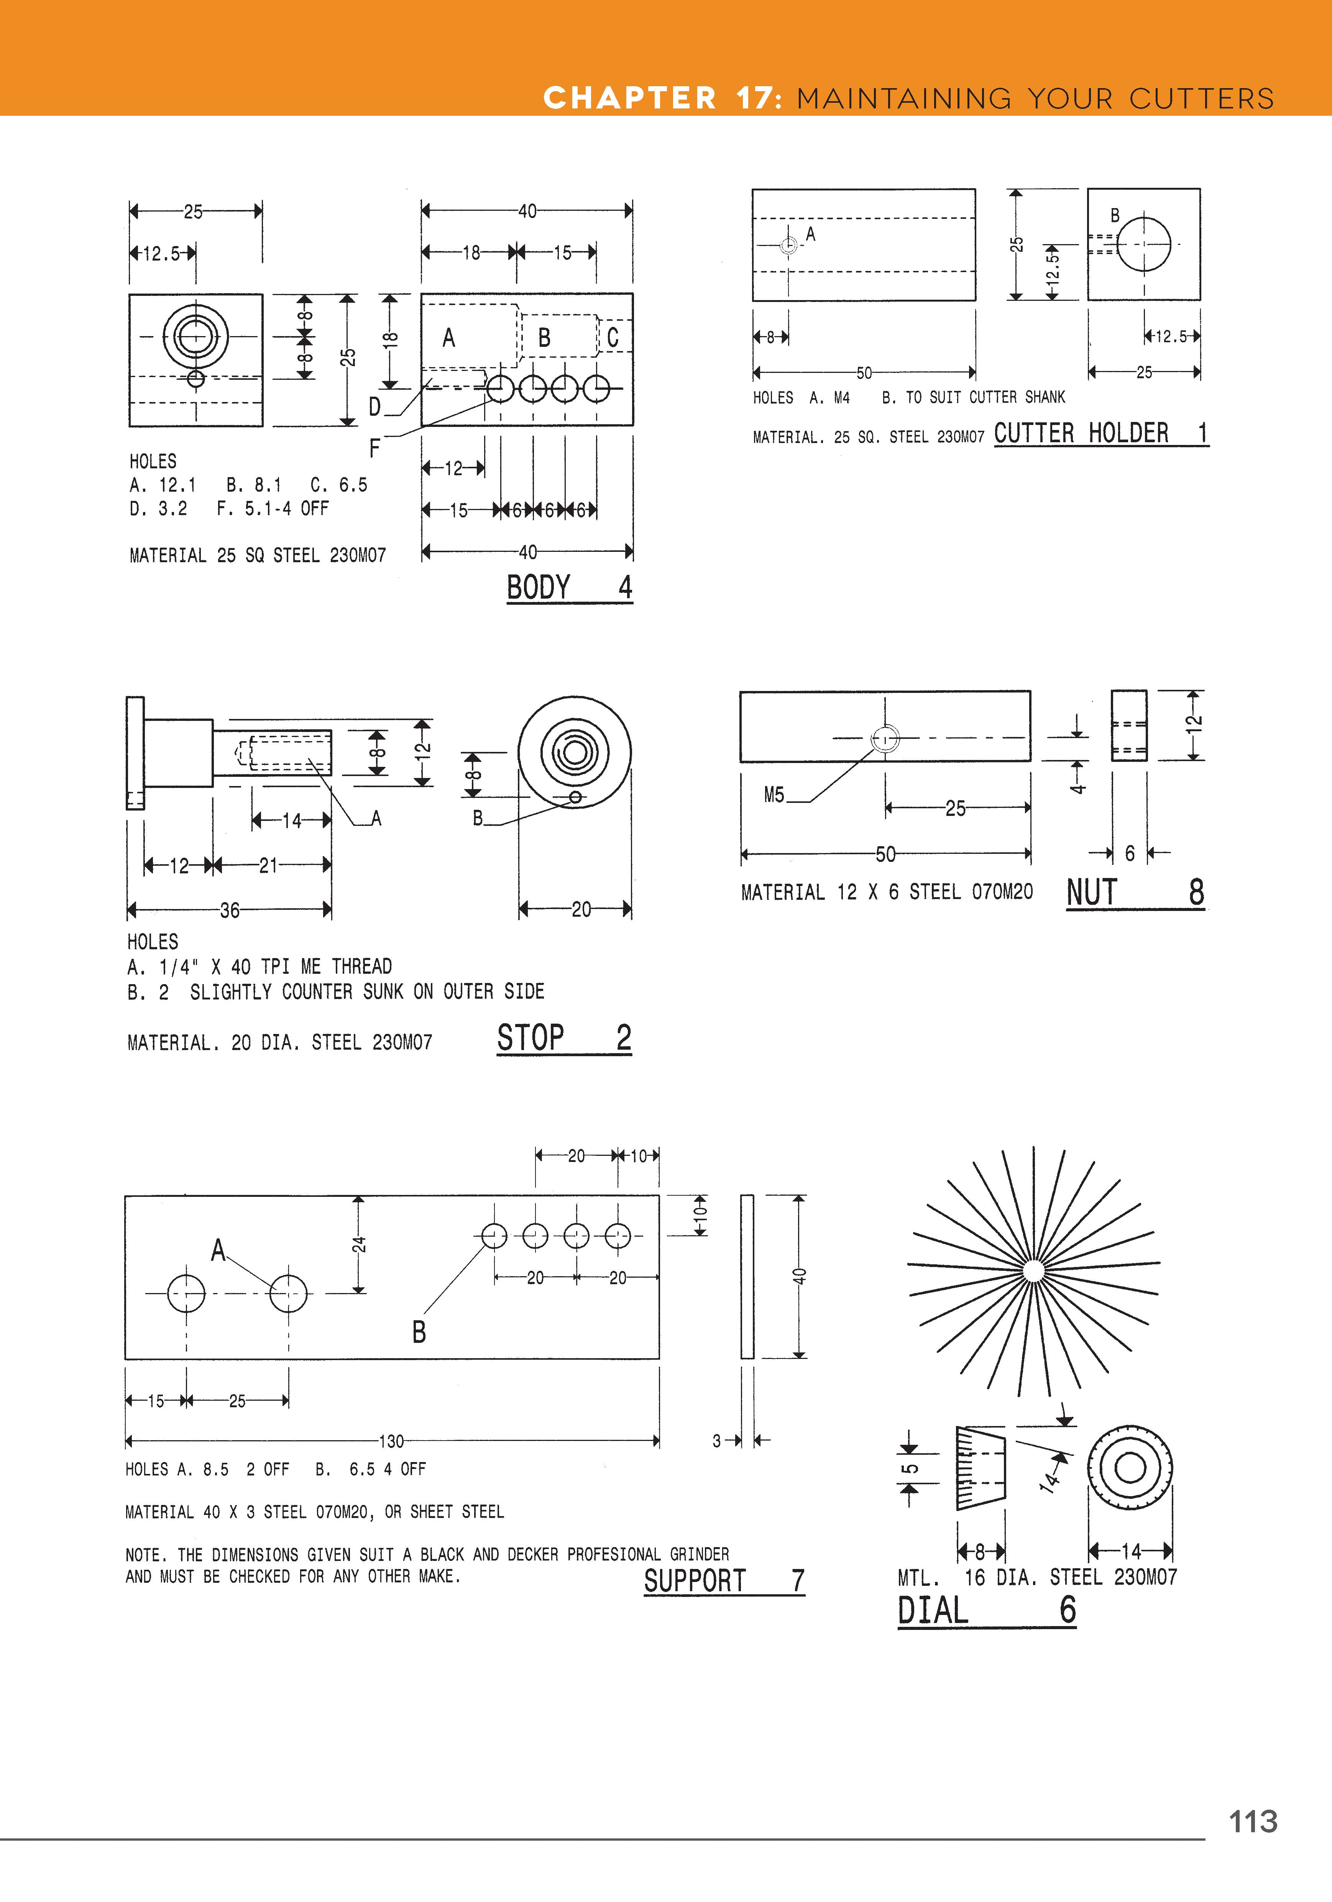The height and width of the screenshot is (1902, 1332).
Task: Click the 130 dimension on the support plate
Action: pos(391,1441)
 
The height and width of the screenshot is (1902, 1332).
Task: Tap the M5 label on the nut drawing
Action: pos(774,795)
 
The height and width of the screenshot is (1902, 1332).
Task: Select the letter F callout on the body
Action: pos(374,448)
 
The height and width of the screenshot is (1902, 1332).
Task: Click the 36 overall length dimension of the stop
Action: pos(230,911)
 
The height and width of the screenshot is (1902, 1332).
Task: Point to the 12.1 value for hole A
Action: pos(177,485)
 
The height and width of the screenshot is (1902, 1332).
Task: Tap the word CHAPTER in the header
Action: pos(629,98)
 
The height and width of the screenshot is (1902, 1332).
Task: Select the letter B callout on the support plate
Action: pos(419,1332)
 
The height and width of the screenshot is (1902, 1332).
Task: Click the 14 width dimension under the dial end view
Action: pos(1131,1551)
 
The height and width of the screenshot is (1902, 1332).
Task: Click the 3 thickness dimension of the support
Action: pos(716,1441)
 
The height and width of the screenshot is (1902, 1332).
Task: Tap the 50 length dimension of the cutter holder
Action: pos(864,373)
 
